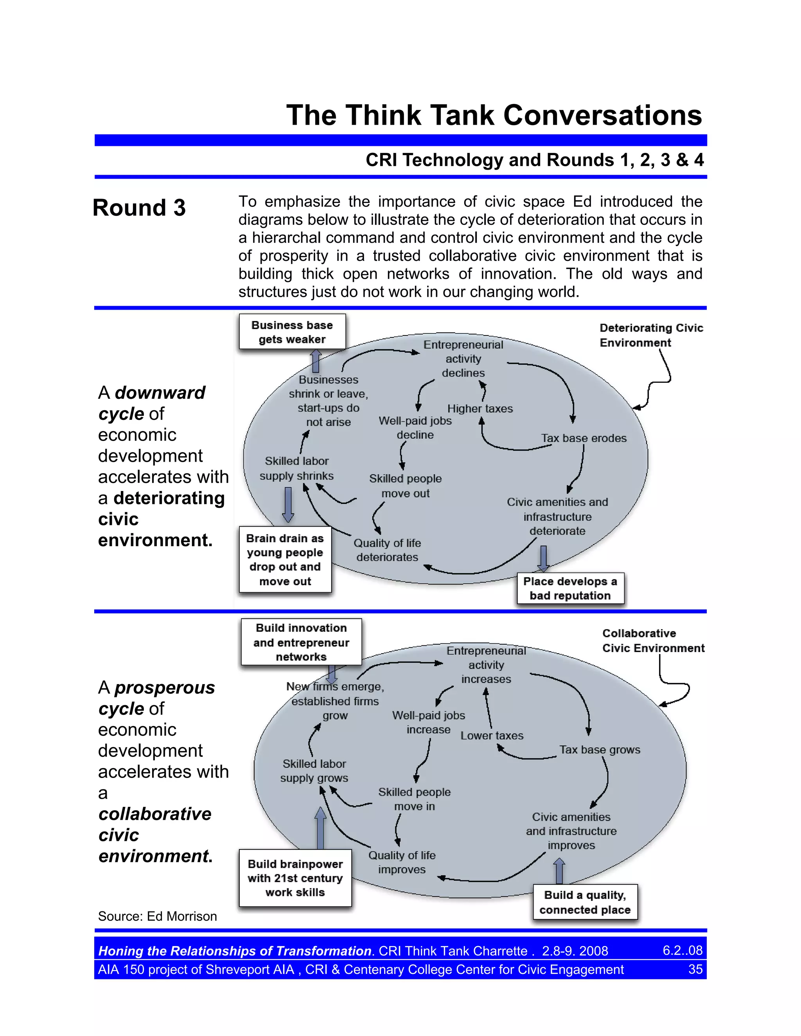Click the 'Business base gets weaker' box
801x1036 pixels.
click(292, 332)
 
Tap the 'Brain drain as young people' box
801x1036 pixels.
click(285, 560)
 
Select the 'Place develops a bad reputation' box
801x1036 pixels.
click(570, 588)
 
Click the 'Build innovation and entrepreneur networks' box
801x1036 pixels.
click(301, 642)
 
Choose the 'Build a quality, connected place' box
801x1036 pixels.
click(585, 902)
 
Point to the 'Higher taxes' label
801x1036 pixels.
click(480, 409)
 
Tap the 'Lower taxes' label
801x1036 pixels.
click(492, 736)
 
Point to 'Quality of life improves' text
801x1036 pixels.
click(402, 862)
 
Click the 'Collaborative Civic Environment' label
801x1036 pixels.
click(653, 641)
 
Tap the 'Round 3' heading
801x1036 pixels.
click(139, 208)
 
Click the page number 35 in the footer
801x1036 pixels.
click(695, 969)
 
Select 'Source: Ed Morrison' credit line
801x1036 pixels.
click(157, 916)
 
